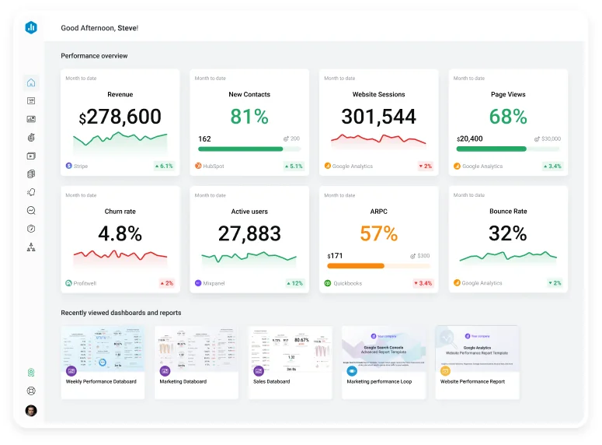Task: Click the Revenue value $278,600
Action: [x=120, y=117]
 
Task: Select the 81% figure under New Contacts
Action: [x=249, y=117]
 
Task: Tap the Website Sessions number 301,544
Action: [x=378, y=117]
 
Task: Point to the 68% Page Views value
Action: [x=508, y=117]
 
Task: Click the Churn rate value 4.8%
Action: [x=120, y=233]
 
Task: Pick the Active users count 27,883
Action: [x=249, y=233]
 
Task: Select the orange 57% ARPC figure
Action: [x=378, y=233]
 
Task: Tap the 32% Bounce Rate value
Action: [x=508, y=233]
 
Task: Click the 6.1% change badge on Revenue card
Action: [x=164, y=166]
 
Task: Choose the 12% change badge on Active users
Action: [x=294, y=283]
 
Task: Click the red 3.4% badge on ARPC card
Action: [x=423, y=283]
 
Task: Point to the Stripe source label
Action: [x=81, y=166]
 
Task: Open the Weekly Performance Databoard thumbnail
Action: [x=103, y=349]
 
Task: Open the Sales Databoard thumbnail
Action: [x=290, y=349]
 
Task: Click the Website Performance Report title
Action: [x=472, y=382]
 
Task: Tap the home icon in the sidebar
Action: [x=31, y=82]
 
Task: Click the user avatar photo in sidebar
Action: [x=31, y=411]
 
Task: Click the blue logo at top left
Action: [x=31, y=27]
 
